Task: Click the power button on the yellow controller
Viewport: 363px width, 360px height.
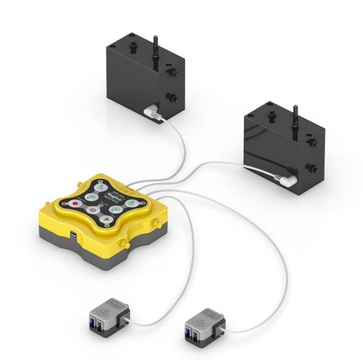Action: [x=92, y=211]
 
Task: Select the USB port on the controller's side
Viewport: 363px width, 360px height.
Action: [x=72, y=234]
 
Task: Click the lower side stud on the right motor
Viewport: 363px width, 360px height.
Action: [x=312, y=168]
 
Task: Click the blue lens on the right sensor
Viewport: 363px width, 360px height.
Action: [x=189, y=331]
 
